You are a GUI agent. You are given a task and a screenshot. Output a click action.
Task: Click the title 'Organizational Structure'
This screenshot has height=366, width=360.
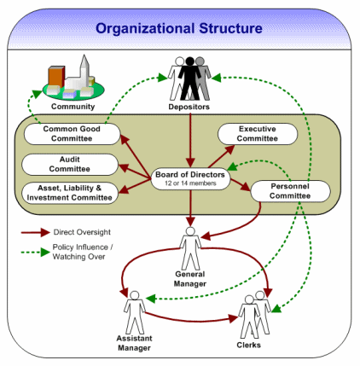pos(179,29)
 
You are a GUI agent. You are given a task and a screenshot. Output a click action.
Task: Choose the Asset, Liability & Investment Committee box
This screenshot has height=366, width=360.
pos(68,193)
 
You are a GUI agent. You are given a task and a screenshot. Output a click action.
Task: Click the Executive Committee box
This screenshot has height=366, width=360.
pos(258,134)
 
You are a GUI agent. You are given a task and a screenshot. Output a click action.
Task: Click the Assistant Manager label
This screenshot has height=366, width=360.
pos(133,342)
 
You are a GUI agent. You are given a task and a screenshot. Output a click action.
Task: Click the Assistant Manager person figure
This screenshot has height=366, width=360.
pos(133,310)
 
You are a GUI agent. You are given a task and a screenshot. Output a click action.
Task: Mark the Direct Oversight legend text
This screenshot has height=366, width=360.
pos(89,231)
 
